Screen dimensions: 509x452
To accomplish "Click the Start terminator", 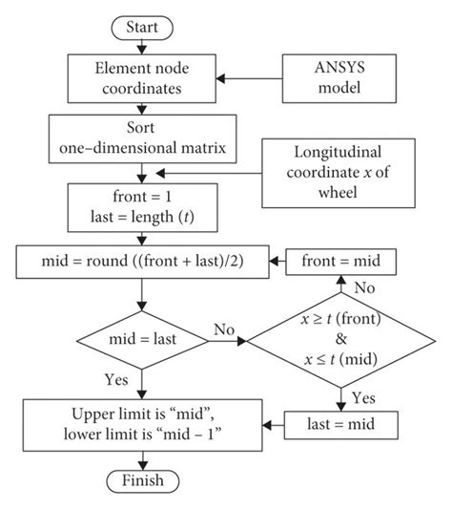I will (143, 28).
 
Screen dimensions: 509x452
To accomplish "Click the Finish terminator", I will (143, 479).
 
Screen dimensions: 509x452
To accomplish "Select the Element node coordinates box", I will (143, 77).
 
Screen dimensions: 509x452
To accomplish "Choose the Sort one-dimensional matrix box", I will (143, 138).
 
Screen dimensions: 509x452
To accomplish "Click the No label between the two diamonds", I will (225, 329).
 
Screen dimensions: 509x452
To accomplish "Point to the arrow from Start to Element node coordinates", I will (143, 46).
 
